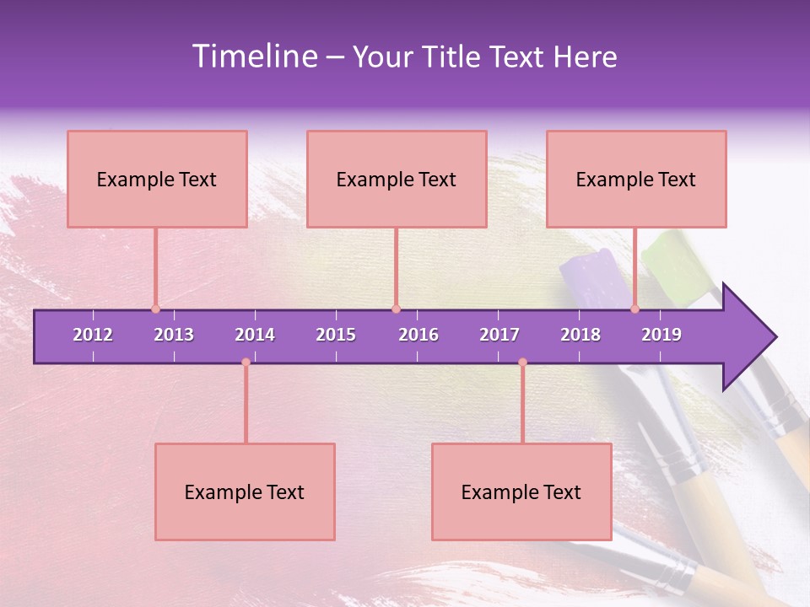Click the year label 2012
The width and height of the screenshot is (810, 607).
[93, 335]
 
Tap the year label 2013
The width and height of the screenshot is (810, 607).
[174, 335]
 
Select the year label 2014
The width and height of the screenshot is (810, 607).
[255, 335]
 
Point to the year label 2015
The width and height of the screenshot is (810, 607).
[336, 335]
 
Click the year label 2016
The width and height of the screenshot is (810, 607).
[418, 335]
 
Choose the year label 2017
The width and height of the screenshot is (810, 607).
[499, 335]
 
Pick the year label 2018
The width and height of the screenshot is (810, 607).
[580, 335]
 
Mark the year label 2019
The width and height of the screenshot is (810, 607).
[661, 335]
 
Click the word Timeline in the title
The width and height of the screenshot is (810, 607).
[252, 56]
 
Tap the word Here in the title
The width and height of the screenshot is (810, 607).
[585, 56]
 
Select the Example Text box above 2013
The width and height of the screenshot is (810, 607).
[157, 179]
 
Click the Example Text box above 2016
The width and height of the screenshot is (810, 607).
[397, 179]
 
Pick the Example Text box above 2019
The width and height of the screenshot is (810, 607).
[636, 179]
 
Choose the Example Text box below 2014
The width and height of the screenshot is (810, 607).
[245, 492]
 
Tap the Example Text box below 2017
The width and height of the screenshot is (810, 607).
[521, 492]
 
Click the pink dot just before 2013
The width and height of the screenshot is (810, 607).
[155, 309]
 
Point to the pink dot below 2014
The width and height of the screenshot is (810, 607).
[246, 362]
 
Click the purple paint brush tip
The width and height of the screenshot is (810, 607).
[591, 274]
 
